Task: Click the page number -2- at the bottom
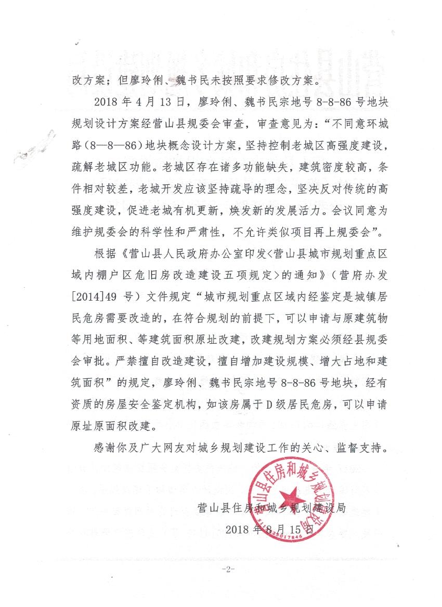[228, 570]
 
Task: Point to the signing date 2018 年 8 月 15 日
[270, 530]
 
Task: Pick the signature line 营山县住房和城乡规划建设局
[271, 508]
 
